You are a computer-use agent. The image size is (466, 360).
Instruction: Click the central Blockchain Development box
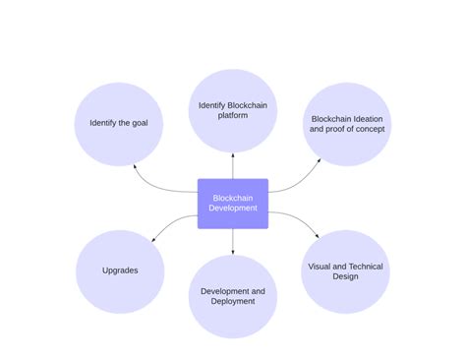pos(233,204)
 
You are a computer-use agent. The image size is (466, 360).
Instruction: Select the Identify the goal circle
pos(120,124)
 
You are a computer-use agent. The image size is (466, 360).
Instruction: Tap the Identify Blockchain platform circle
pos(233,110)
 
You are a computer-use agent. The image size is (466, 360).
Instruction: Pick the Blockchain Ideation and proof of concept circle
pos(346,123)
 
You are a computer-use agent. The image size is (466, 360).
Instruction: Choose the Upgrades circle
pos(120,271)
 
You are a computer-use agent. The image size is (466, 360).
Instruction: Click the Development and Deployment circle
pos(233,296)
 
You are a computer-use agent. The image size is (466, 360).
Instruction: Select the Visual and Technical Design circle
pos(345,271)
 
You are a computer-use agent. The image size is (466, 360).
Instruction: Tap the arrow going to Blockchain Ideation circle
pos(300,182)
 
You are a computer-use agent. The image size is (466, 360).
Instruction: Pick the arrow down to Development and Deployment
pos(233,241)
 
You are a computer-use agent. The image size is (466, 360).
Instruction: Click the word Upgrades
pos(120,271)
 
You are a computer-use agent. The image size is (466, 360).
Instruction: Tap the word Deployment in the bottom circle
pos(233,302)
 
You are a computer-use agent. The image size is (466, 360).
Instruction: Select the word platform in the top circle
pos(233,116)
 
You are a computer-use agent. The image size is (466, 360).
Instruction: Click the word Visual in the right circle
pos(321,266)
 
